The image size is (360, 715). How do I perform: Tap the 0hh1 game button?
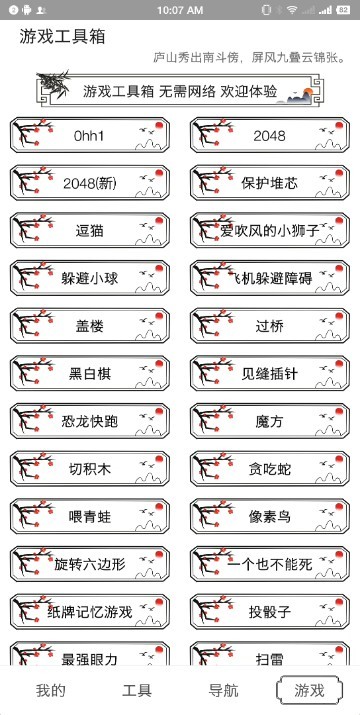click(90, 136)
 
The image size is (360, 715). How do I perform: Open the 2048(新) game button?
click(90, 183)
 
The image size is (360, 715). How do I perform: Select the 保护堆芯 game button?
click(270, 183)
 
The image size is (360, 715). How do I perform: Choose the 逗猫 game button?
click(90, 231)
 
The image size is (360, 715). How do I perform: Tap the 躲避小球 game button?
click(90, 279)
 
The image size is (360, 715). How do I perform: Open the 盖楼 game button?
click(90, 326)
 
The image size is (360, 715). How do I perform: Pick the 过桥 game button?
click(270, 326)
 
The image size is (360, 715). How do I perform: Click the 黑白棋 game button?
click(90, 374)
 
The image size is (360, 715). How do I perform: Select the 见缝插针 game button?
click(270, 374)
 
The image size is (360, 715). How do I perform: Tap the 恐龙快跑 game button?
click(90, 421)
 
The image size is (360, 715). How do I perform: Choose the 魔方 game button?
click(270, 421)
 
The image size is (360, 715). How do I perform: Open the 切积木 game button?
click(90, 469)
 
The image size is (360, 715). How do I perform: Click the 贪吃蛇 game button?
click(270, 469)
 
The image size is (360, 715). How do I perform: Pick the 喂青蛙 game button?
click(90, 516)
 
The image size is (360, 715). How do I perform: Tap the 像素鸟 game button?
click(270, 516)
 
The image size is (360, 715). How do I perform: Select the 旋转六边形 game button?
click(90, 564)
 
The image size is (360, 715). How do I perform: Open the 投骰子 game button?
click(270, 611)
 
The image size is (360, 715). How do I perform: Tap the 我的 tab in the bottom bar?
click(51, 690)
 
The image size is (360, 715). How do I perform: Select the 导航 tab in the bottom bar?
click(223, 690)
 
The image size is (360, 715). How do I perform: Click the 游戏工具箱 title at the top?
click(62, 37)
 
